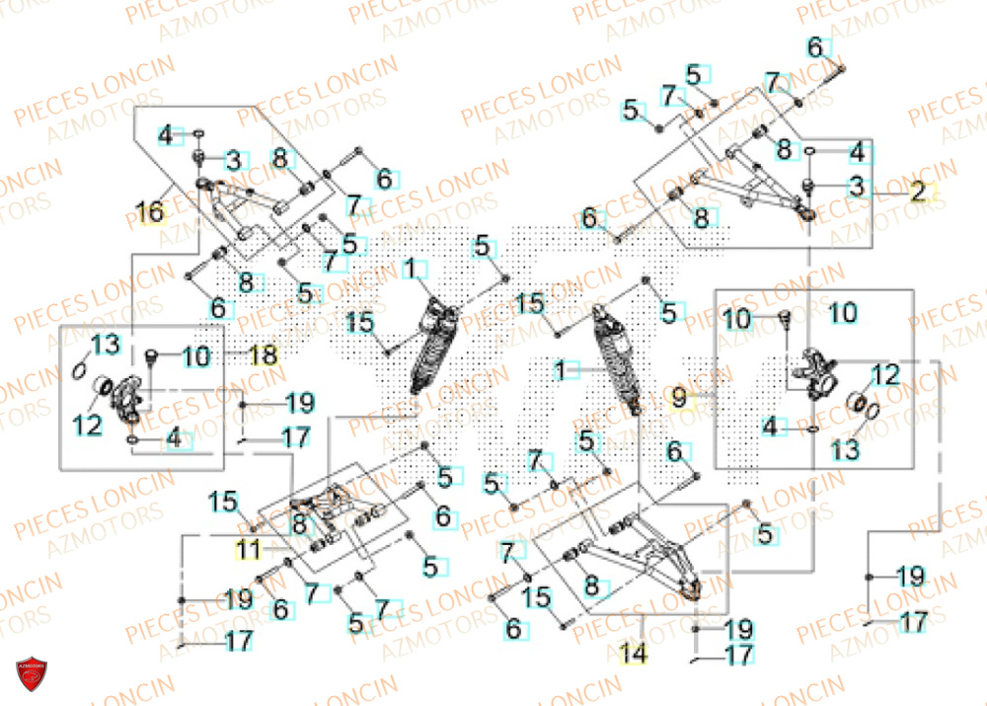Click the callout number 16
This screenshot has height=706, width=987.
pyautogui.click(x=151, y=211)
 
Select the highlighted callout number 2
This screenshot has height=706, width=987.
pyautogui.click(x=917, y=194)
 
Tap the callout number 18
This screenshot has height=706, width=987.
pyautogui.click(x=264, y=355)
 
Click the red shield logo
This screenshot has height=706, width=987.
pyautogui.click(x=31, y=678)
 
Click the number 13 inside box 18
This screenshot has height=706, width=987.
pyautogui.click(x=106, y=344)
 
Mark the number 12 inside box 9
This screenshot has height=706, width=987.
pyautogui.click(x=885, y=374)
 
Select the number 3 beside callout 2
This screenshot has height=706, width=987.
pyautogui.click(x=857, y=185)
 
